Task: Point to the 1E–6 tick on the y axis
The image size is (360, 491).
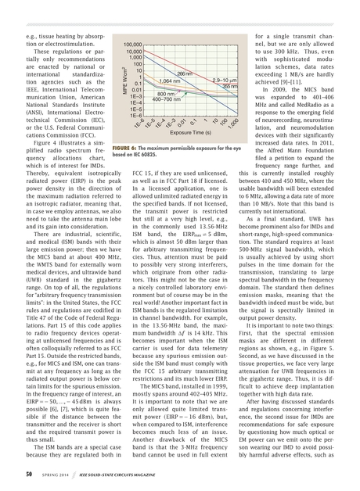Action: tap(135, 114)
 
